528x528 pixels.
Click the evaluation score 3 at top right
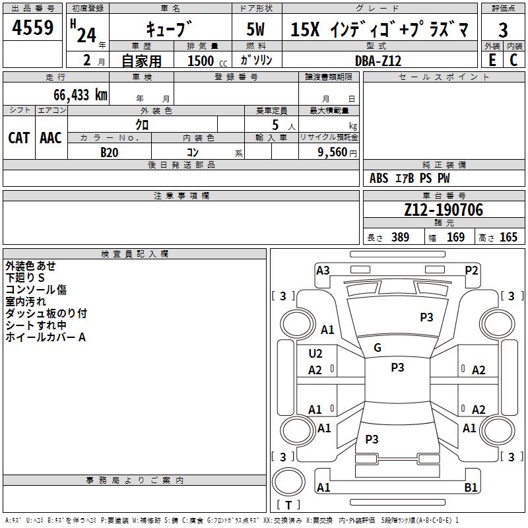coord(503,30)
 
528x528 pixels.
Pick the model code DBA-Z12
coord(378,61)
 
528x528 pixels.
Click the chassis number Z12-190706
coord(444,210)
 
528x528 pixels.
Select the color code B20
coord(110,152)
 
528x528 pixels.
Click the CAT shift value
coord(18,137)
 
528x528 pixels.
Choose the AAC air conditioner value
coord(51,137)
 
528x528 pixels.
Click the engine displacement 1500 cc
coord(205,61)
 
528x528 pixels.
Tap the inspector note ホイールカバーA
coord(46,337)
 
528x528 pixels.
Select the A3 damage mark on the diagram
coord(323,270)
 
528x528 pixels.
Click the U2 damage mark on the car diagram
coord(315,354)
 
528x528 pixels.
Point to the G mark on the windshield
coord(378,348)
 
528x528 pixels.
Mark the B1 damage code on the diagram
coord(471,488)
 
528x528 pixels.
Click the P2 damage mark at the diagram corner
coord(471,270)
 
